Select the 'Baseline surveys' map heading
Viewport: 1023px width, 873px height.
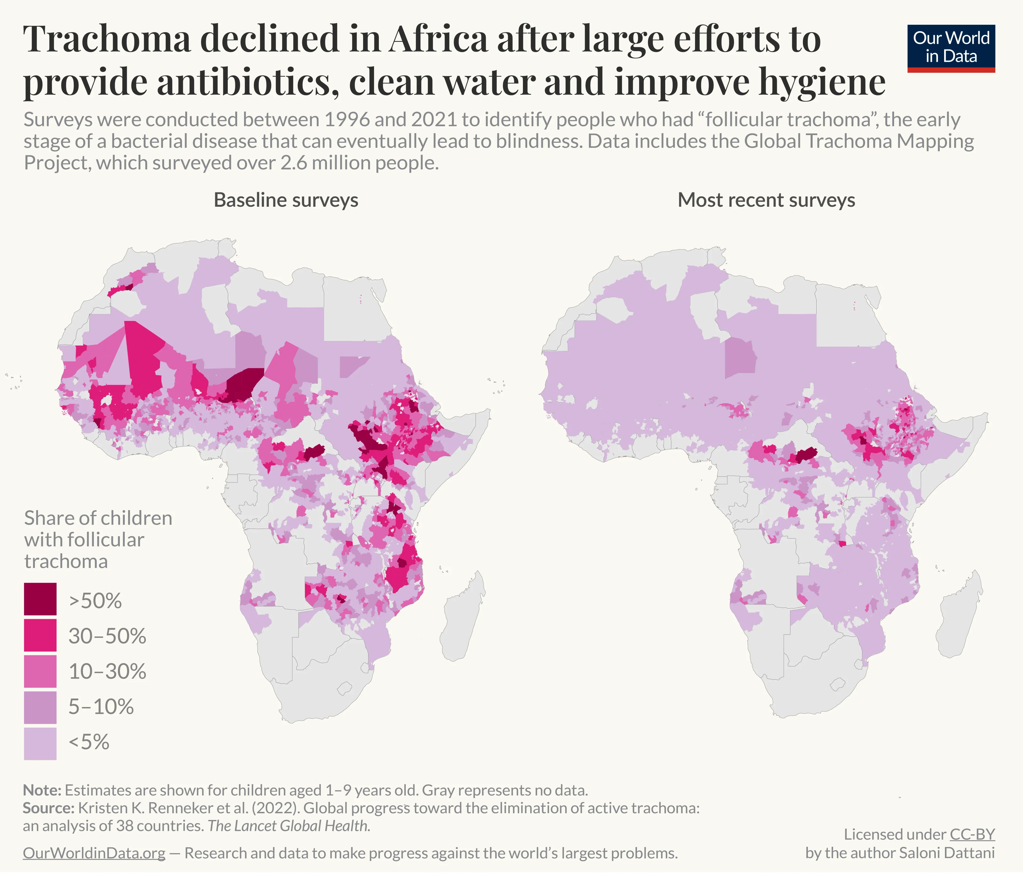(x=286, y=200)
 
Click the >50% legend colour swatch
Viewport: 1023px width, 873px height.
(x=40, y=599)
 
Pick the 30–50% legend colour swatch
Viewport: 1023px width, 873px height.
(x=40, y=635)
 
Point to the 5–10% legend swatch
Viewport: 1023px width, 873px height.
(x=40, y=706)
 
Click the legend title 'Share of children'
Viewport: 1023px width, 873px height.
(x=98, y=518)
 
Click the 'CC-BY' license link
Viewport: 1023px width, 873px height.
(x=972, y=834)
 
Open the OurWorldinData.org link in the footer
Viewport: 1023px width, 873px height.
(x=94, y=853)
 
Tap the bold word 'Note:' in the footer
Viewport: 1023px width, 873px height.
(x=42, y=790)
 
